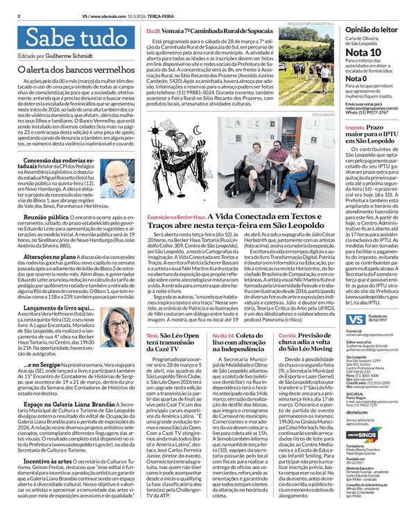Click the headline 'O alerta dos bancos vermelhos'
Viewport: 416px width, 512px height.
67,71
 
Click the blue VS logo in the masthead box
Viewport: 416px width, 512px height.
356,318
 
